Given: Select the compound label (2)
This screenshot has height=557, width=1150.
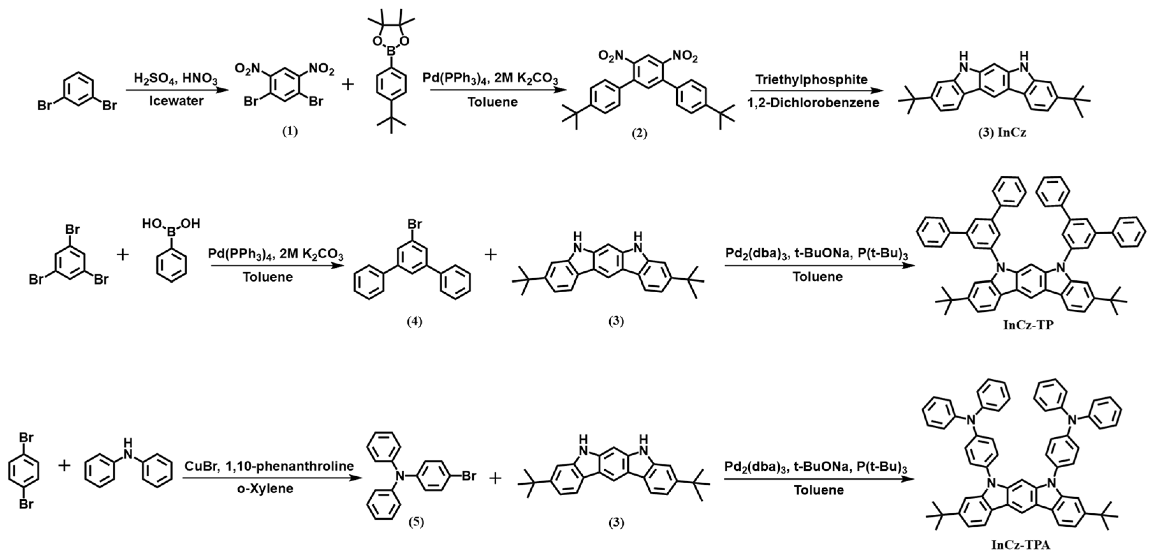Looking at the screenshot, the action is (639, 133).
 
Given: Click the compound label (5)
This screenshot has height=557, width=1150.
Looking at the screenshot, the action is (416, 522).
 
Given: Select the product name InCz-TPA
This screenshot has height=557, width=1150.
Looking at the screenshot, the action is (1020, 545).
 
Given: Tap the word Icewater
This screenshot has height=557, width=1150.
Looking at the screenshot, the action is (176, 101).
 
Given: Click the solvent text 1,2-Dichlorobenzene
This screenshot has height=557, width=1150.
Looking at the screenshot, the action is (813, 103).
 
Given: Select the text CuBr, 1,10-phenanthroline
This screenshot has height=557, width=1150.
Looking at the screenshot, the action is (269, 466).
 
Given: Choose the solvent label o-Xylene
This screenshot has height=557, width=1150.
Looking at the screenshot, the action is (265, 488).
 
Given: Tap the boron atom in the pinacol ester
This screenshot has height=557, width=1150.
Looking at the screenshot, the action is (391, 53).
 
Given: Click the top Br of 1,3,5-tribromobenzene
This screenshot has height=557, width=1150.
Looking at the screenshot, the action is (72, 229).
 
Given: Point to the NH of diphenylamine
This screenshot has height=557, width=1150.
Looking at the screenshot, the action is (128, 448).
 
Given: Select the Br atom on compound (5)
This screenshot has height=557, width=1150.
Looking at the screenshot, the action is (469, 476).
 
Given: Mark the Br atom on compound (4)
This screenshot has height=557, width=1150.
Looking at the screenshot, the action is (414, 223).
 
